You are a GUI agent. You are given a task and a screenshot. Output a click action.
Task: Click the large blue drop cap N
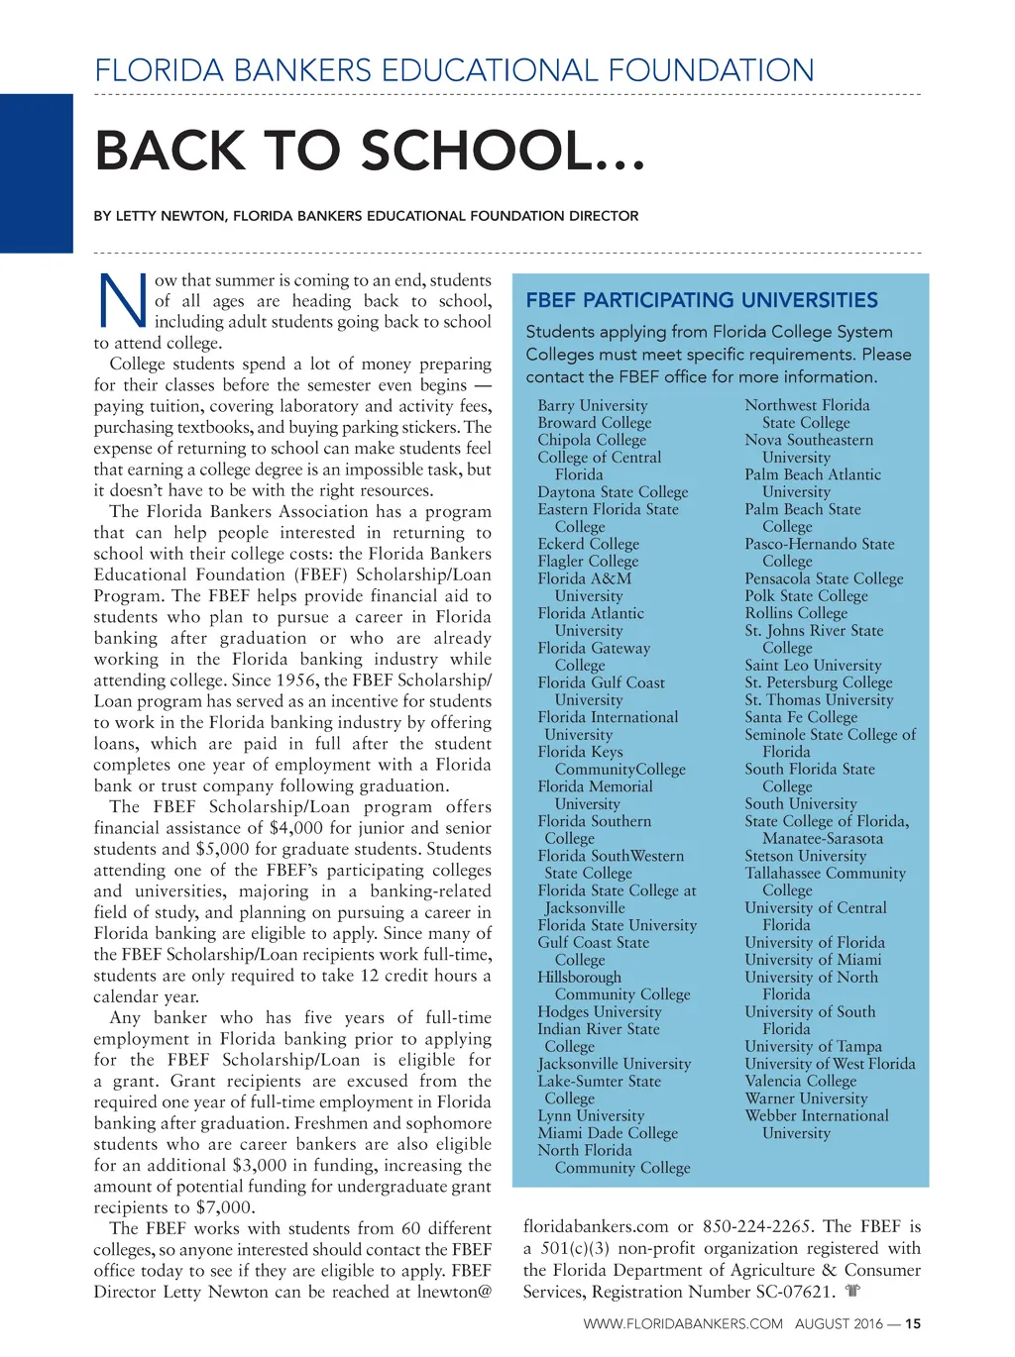coord(122,300)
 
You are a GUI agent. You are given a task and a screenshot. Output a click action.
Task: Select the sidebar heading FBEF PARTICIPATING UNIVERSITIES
coord(702,300)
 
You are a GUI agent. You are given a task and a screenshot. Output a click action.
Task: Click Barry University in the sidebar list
coord(593,405)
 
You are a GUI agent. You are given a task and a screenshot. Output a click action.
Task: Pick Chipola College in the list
coord(592,440)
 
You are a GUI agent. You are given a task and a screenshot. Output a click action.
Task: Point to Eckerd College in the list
coord(588,544)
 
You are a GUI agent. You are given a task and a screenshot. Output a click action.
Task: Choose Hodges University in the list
coord(599,1011)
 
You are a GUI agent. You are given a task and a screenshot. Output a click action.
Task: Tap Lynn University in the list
coord(591,1115)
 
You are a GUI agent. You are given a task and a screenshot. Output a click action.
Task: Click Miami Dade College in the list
coord(608,1133)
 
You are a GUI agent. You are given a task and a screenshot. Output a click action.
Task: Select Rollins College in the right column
coord(796,613)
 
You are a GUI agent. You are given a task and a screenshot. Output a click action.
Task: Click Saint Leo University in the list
coord(813,666)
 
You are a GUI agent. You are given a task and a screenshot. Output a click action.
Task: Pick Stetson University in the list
coord(805,856)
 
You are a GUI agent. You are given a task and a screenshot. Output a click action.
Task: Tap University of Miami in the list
coord(813,960)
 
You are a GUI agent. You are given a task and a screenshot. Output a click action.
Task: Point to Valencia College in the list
coord(800,1081)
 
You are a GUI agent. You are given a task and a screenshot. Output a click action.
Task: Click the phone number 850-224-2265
coord(757,1227)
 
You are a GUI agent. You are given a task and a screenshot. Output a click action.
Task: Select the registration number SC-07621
coord(778,1292)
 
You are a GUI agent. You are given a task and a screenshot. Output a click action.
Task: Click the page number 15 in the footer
coord(913,1323)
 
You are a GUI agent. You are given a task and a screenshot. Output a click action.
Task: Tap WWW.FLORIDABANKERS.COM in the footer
coord(682,1323)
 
